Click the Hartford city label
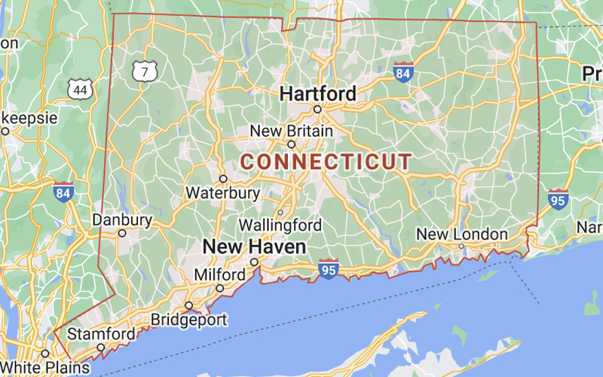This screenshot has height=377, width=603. [x=317, y=93]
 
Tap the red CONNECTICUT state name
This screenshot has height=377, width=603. [x=326, y=161]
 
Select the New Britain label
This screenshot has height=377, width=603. [x=291, y=131]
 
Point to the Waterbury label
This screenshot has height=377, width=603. [x=223, y=192]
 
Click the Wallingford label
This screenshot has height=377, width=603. [x=280, y=225]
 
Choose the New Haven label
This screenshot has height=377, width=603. [x=254, y=247]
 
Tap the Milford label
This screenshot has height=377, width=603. [x=219, y=274]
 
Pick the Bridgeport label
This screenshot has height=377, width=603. [x=188, y=319]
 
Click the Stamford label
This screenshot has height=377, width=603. [x=102, y=333]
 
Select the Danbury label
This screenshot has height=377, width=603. [x=121, y=220]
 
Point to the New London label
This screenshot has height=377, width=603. [x=462, y=234]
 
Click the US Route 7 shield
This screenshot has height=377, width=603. [x=144, y=72]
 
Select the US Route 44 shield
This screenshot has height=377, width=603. [x=80, y=90]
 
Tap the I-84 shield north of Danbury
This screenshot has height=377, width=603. [x=64, y=192]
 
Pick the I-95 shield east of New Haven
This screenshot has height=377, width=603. [x=328, y=269]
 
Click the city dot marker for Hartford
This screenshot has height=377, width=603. [x=317, y=109]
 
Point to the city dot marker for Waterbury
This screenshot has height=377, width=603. [x=223, y=179]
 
